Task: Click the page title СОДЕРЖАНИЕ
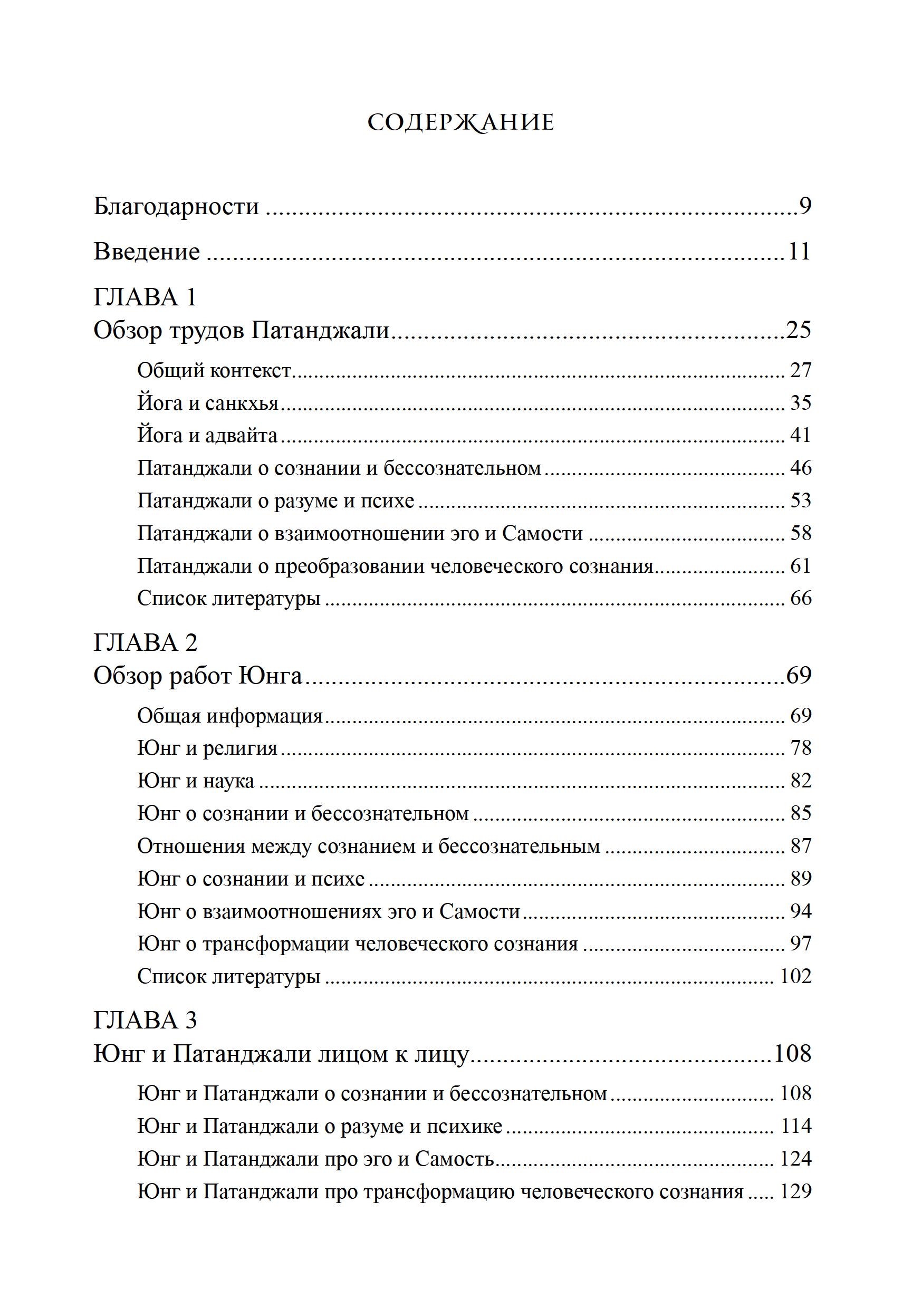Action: [460, 122]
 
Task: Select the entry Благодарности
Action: [176, 206]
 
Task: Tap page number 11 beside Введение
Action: [800, 251]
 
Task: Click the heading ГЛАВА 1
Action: [145, 297]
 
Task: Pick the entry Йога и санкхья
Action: [207, 403]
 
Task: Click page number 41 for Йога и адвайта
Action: [801, 436]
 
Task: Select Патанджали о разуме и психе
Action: [276, 501]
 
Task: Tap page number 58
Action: [801, 533]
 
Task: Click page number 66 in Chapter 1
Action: [801, 598]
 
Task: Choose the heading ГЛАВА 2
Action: [145, 642]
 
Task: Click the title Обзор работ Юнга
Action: [197, 676]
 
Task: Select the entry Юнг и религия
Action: [207, 748]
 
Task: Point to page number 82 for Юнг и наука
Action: [801, 781]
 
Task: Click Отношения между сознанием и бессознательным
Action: [369, 846]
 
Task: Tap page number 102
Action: [795, 976]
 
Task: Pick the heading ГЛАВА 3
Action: [145, 1021]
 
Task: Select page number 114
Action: [795, 1126]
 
